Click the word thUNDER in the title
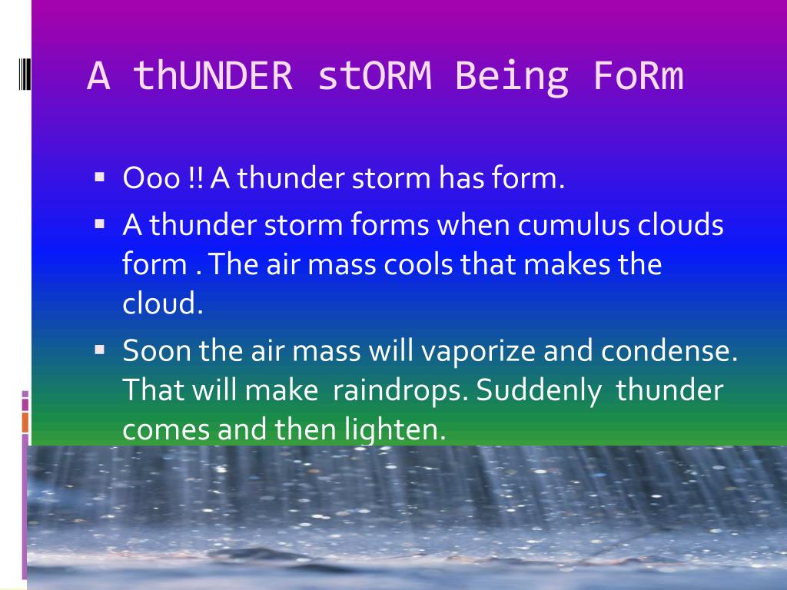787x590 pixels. [213, 75]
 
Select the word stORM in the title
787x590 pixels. [374, 75]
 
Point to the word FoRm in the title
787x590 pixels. [639, 75]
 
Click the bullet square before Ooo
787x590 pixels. [99, 177]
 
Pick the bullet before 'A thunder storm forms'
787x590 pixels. [99, 224]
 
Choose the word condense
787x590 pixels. [669, 350]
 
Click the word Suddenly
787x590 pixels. [538, 391]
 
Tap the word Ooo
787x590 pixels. [151, 178]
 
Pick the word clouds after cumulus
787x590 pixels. [680, 225]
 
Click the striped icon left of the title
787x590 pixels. [25, 75]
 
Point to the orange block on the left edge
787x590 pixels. [25, 423]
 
